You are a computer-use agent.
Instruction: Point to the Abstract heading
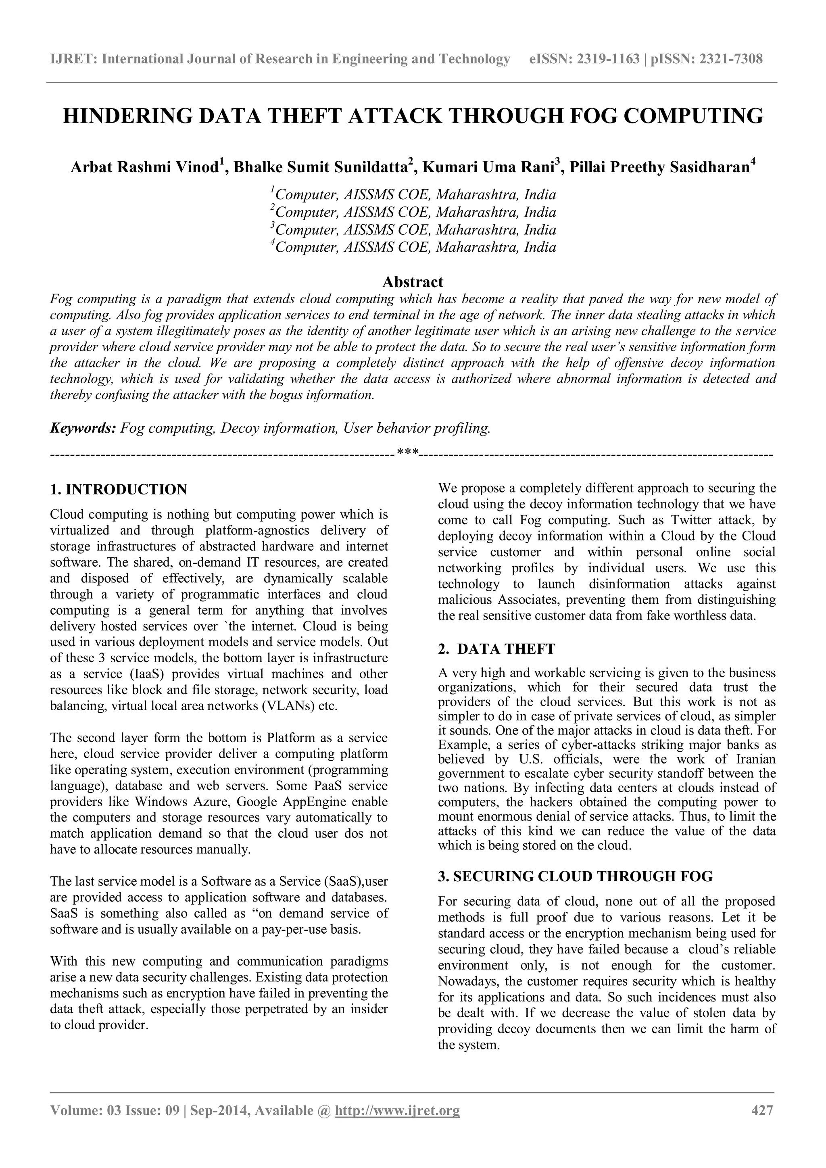pyautogui.click(x=413, y=282)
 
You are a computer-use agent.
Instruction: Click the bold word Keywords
pyautogui.click(x=83, y=428)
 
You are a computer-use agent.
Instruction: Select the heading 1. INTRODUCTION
pyautogui.click(x=119, y=489)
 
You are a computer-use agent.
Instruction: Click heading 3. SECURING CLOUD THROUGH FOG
pyautogui.click(x=575, y=876)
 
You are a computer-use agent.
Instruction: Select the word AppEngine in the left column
pyautogui.click(x=314, y=802)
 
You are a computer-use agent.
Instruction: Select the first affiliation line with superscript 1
pyautogui.click(x=413, y=194)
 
